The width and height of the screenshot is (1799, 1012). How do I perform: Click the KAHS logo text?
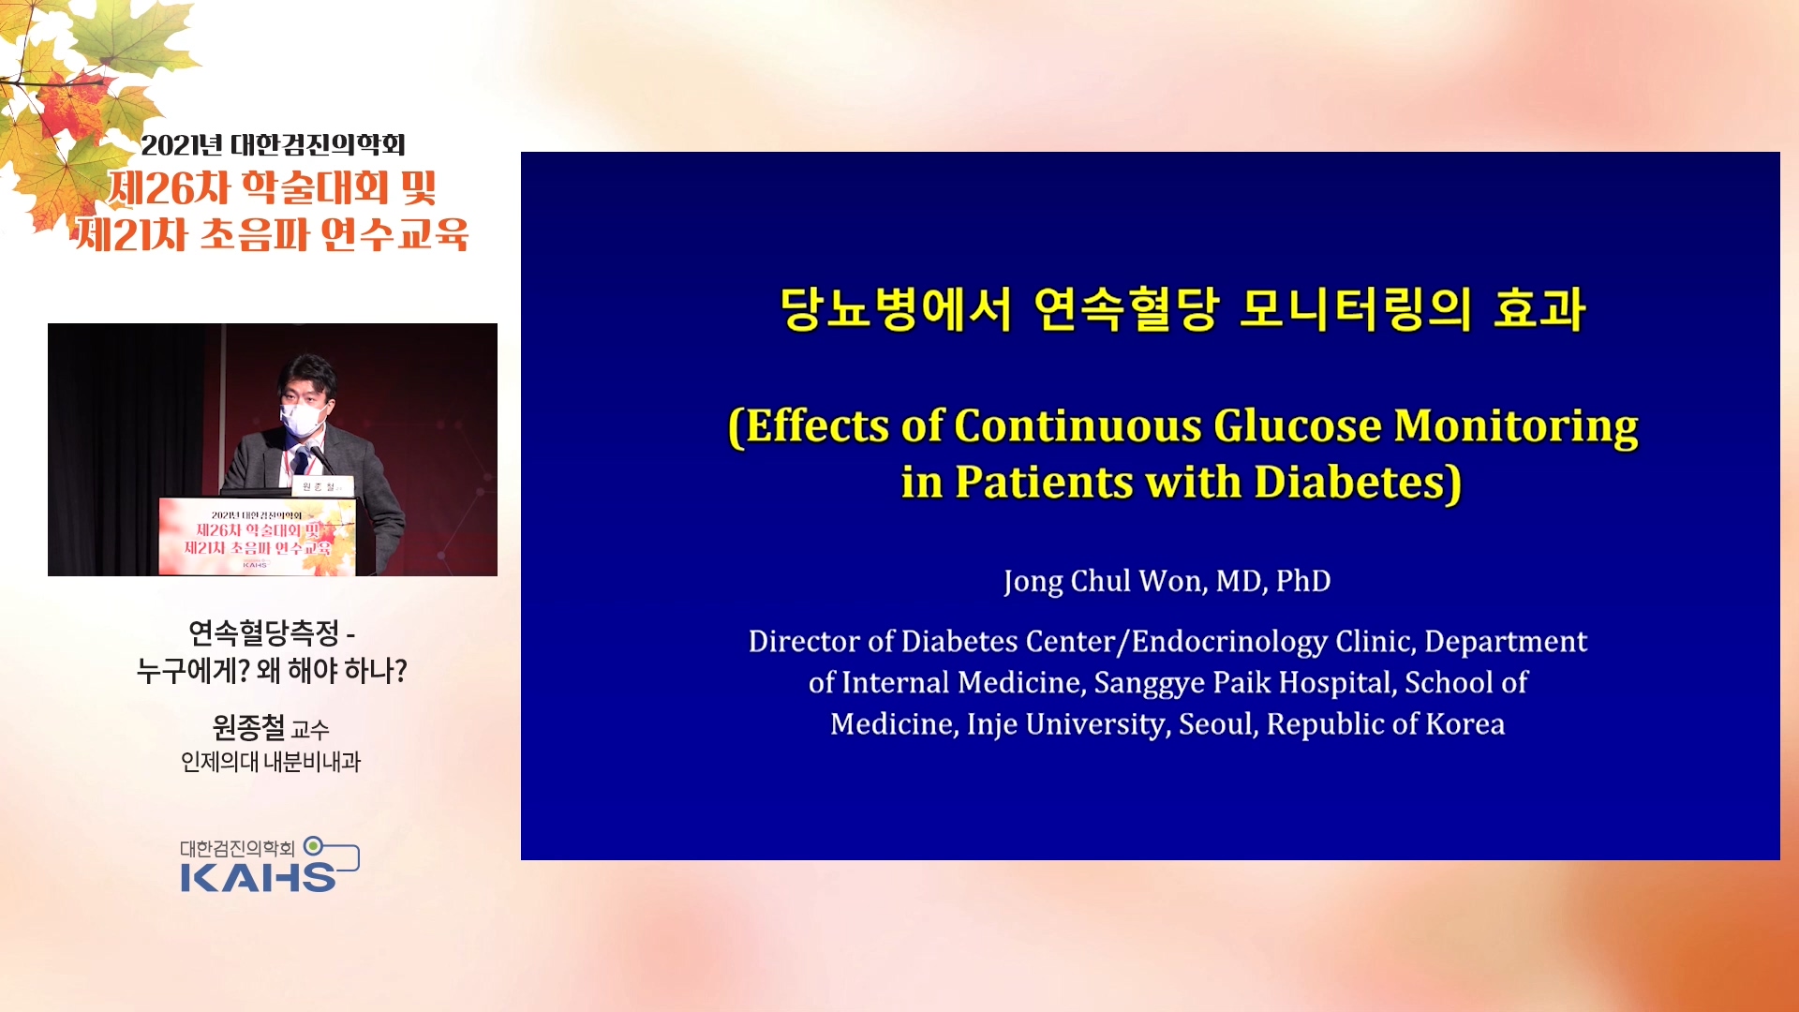tap(258, 877)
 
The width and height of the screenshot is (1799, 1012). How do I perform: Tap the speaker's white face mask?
tap(302, 419)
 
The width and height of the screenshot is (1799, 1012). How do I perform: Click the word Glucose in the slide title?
tap(1297, 427)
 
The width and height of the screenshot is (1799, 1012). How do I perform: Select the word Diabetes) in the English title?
tap(1358, 483)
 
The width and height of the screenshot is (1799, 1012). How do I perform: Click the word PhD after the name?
tap(1303, 581)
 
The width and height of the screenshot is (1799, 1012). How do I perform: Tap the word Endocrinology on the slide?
tap(1229, 642)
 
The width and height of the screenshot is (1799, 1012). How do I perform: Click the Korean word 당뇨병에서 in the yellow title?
tap(896, 310)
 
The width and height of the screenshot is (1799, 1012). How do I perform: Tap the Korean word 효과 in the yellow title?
tap(1539, 310)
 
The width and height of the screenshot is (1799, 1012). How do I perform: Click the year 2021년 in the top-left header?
tap(182, 145)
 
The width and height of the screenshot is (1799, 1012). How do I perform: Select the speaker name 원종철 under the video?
tap(248, 727)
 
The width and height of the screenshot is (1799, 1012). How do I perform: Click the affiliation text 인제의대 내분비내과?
tap(271, 762)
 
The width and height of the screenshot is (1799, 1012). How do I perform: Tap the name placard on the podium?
tap(323, 487)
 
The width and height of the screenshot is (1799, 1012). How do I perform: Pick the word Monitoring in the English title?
tap(1516, 427)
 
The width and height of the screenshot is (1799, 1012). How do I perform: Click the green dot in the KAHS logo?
tap(313, 846)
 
